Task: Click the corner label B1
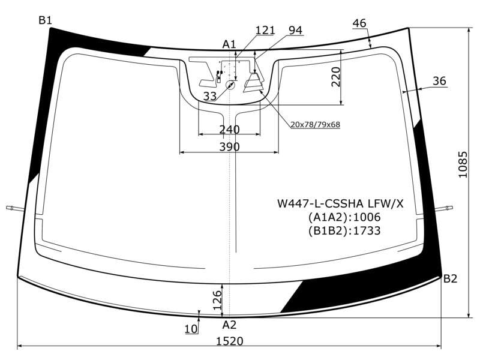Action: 46,20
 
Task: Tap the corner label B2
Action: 451,278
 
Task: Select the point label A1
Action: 229,44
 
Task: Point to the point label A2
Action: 229,325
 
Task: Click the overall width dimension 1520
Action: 230,341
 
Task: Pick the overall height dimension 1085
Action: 463,164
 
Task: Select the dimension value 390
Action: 230,147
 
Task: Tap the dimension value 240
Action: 230,130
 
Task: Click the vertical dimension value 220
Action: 336,77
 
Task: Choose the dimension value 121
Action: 265,30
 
